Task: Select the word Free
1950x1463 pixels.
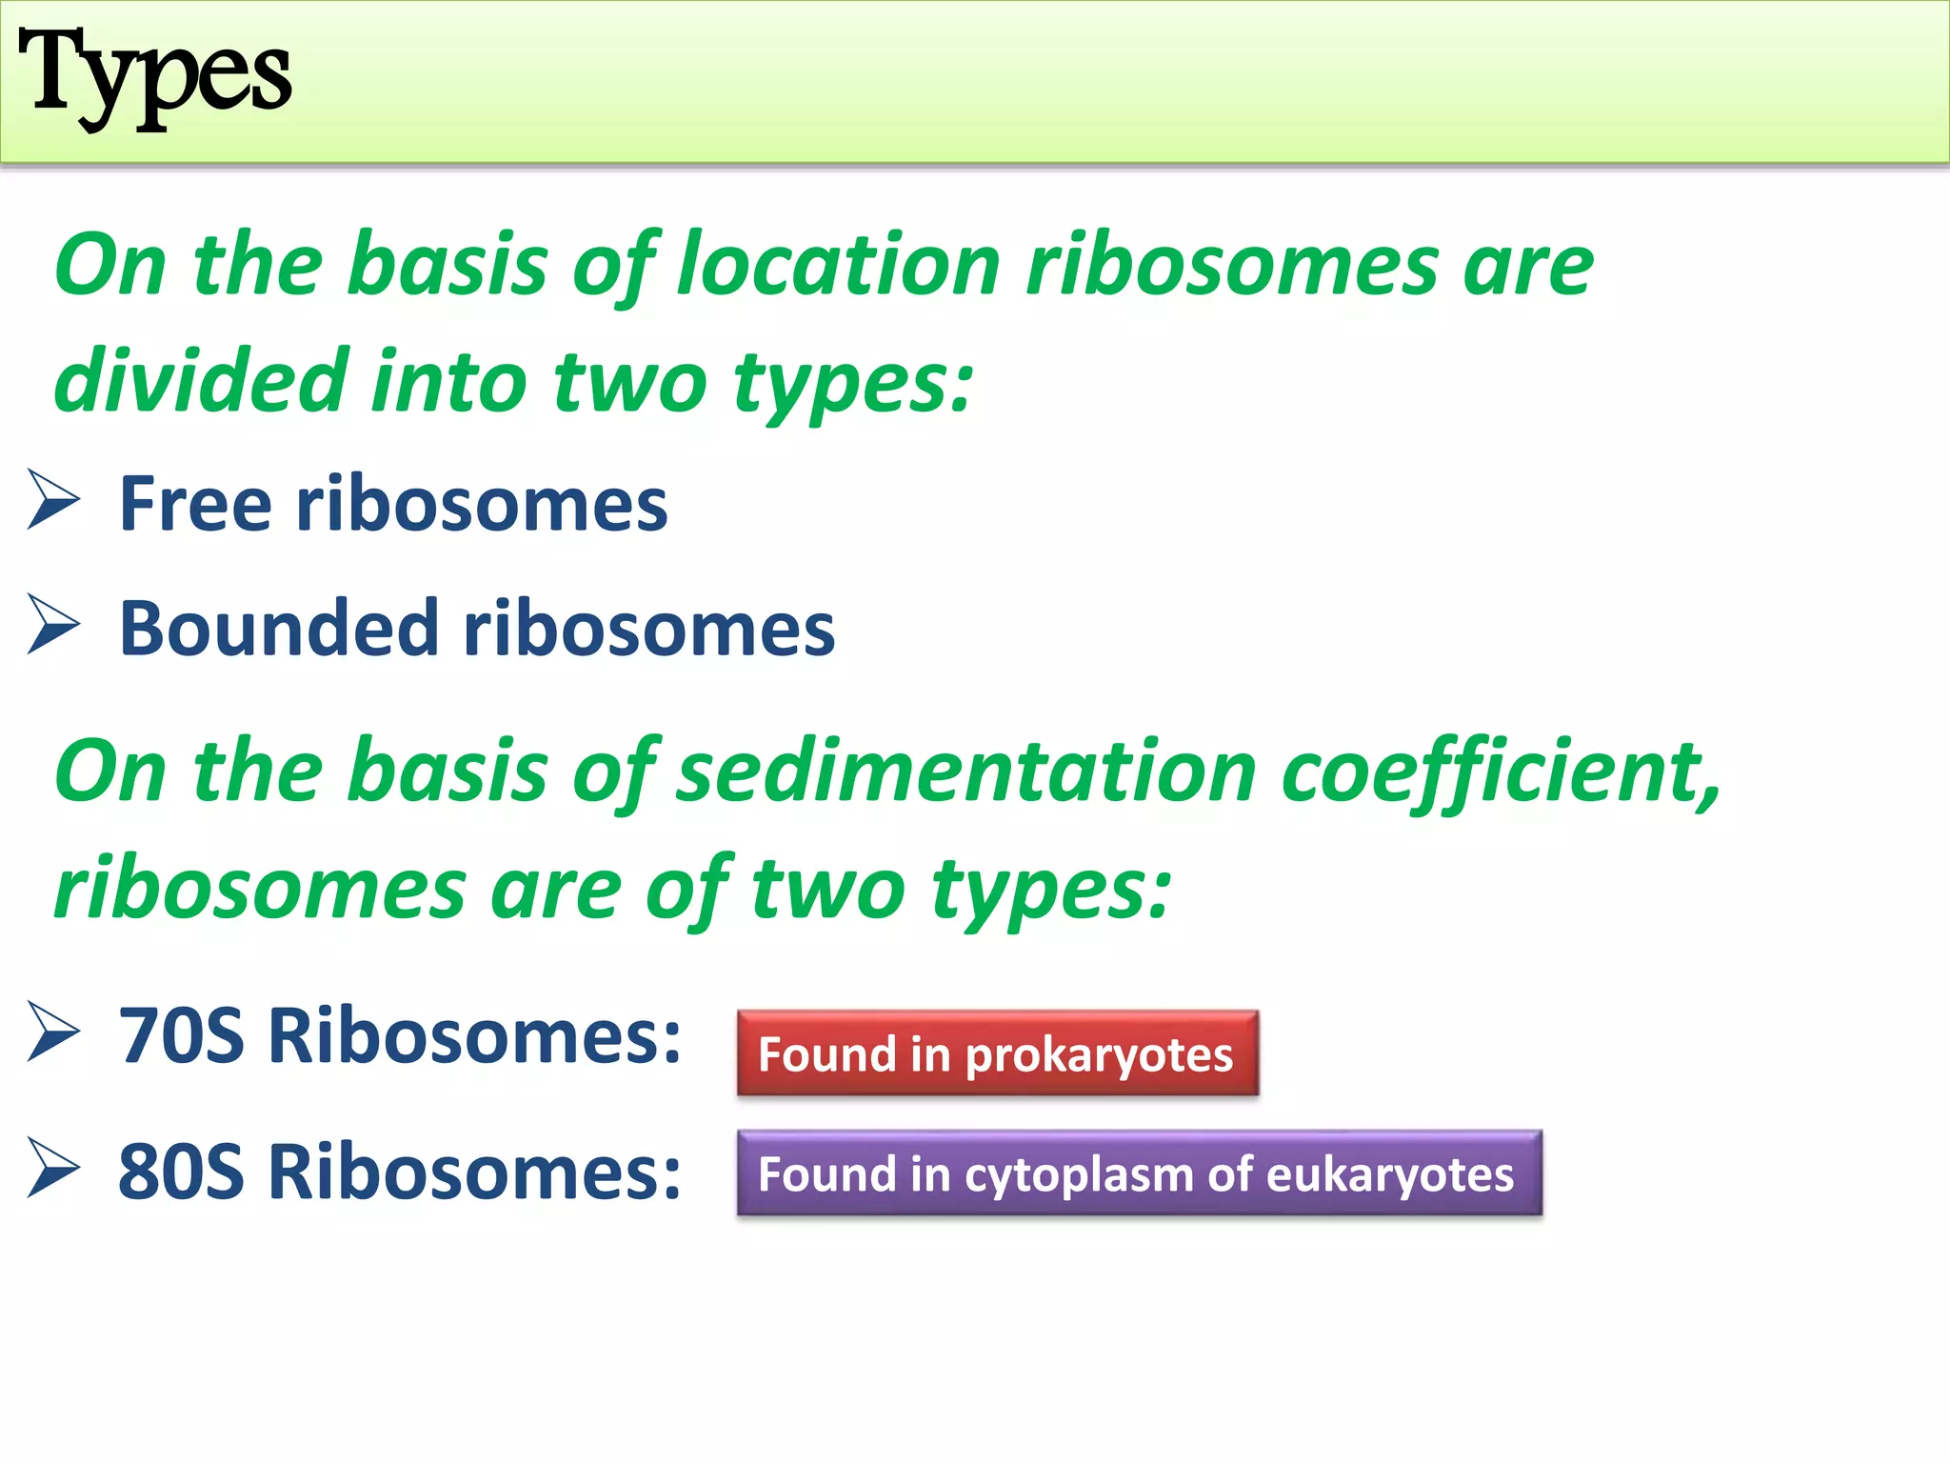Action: (195, 504)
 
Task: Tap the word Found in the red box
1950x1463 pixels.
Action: (826, 1054)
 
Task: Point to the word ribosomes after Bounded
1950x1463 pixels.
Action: (648, 629)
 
